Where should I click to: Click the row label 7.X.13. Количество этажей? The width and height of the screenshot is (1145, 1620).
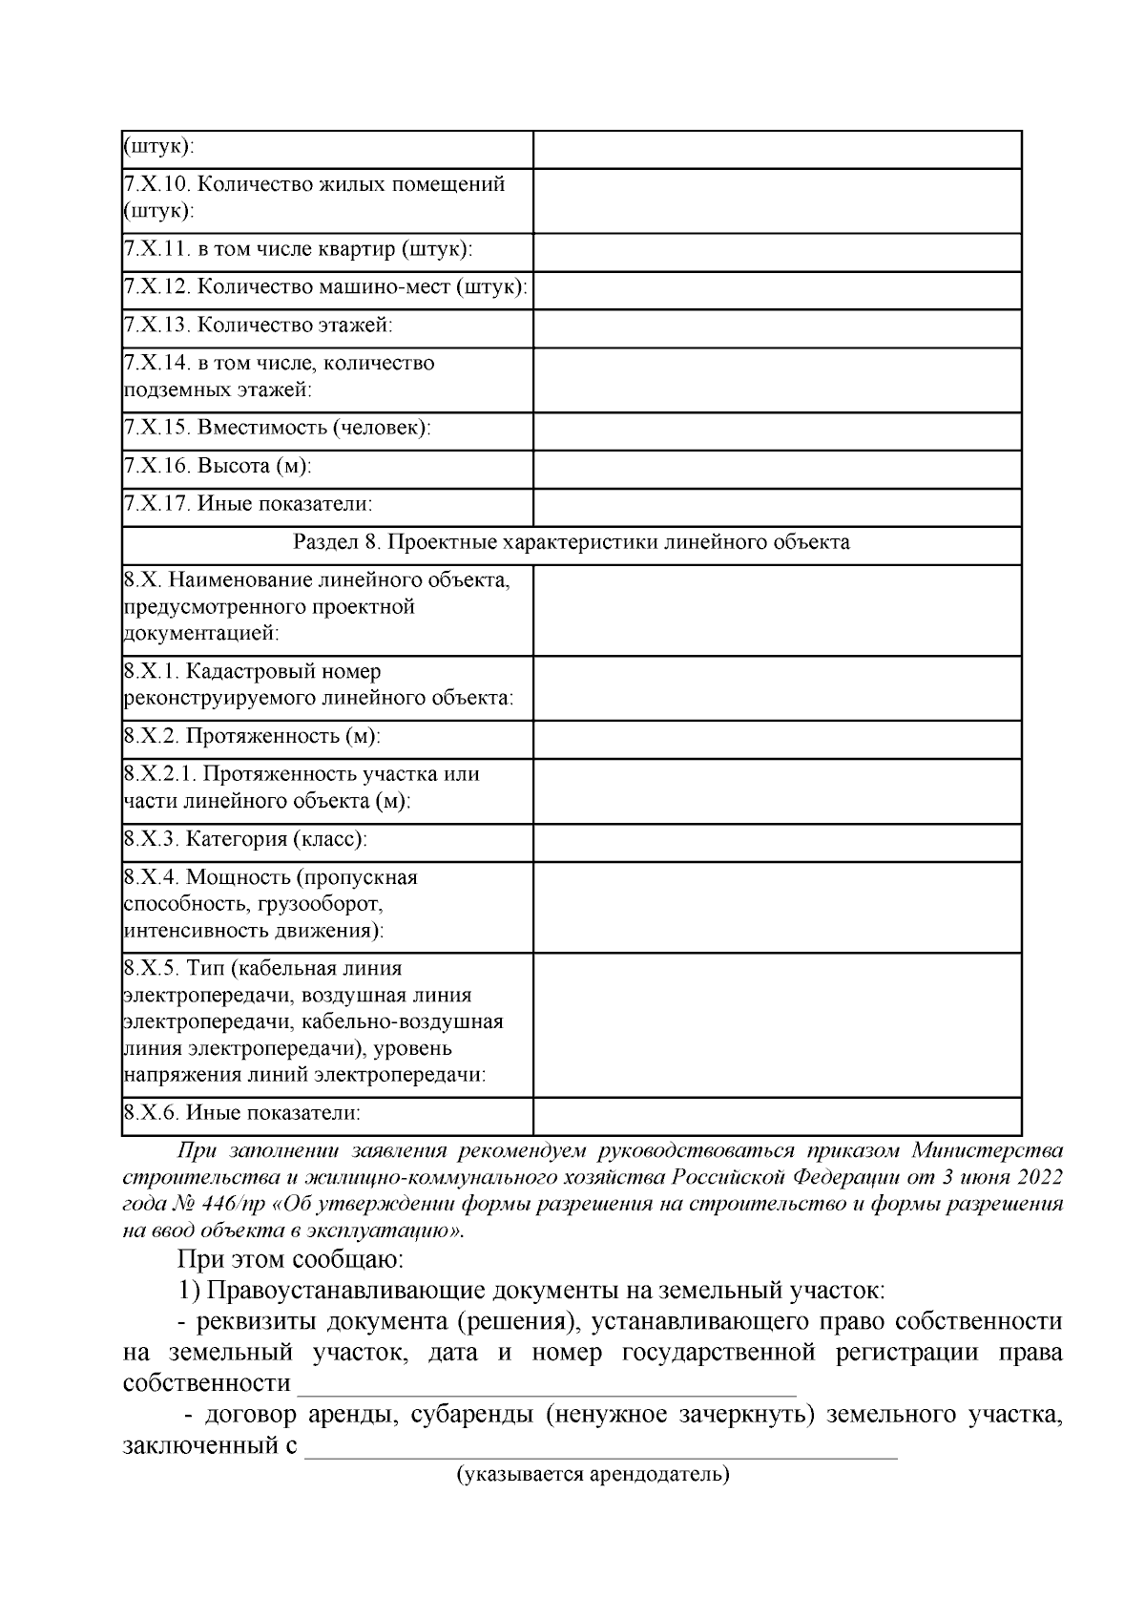point(259,326)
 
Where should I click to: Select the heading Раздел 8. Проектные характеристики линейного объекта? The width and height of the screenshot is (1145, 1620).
point(571,543)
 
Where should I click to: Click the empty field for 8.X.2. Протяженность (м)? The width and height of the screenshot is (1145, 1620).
point(777,738)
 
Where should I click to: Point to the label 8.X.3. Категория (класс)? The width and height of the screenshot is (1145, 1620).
point(246,840)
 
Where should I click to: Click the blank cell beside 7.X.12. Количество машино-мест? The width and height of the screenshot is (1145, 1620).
point(777,287)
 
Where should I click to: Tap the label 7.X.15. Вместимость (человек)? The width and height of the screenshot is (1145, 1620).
point(278,429)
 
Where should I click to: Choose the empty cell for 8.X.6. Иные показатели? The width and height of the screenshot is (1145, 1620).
point(777,1114)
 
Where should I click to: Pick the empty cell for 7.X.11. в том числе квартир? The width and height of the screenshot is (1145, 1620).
point(777,250)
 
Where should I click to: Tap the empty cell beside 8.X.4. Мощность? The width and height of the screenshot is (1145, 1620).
point(777,905)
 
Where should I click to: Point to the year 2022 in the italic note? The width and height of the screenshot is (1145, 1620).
point(1040,1176)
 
